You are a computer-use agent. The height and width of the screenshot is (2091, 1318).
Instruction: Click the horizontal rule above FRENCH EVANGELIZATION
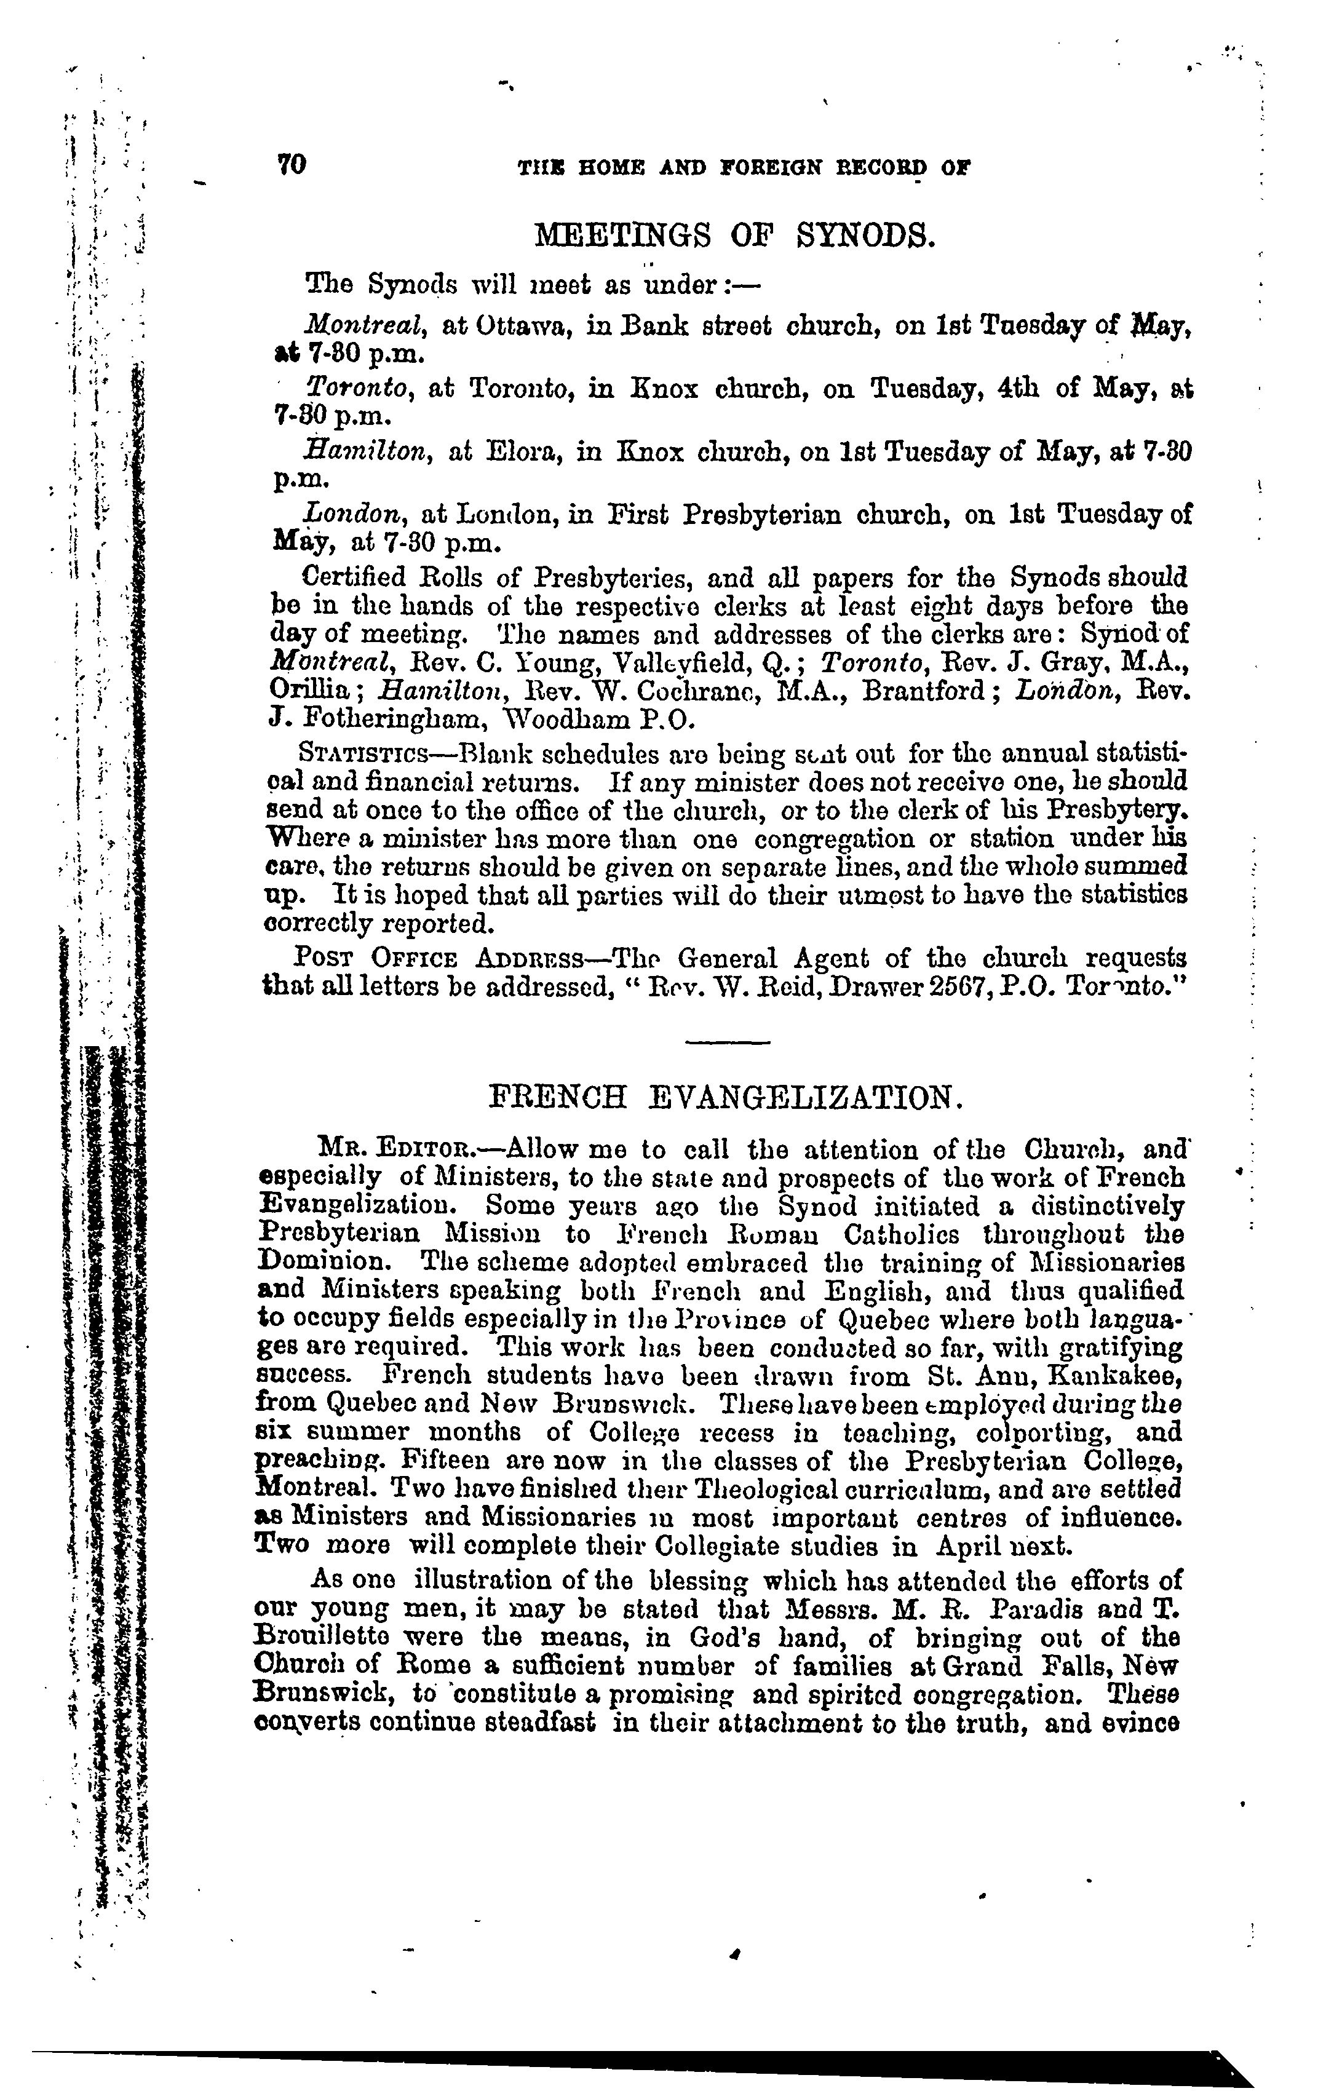pyautogui.click(x=727, y=1042)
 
